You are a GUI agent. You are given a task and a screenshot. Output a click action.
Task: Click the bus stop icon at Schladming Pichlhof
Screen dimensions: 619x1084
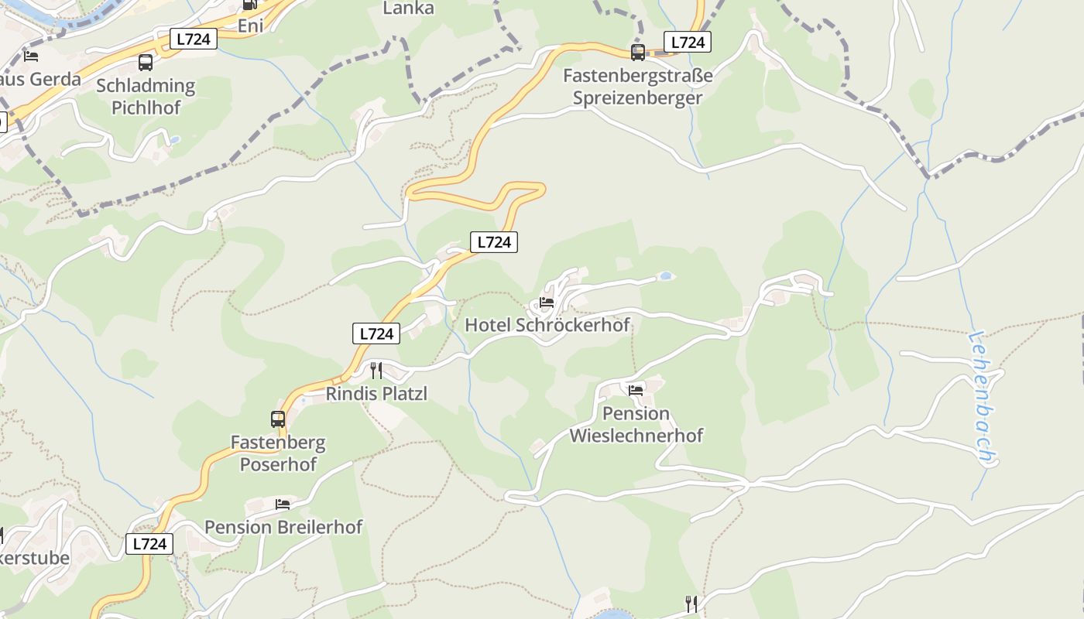146,63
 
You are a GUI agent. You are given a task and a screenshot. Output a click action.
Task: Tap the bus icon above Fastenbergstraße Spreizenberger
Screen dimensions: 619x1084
637,53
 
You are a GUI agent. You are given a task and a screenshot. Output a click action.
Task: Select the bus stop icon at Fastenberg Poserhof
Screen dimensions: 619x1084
277,419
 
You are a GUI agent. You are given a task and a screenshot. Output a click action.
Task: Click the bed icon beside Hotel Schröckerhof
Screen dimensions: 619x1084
547,303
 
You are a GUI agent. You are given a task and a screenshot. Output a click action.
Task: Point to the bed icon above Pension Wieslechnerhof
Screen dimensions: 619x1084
636,390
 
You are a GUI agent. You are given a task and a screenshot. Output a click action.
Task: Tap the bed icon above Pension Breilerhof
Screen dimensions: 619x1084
283,504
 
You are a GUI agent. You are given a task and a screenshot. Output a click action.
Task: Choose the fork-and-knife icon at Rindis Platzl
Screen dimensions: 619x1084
376,371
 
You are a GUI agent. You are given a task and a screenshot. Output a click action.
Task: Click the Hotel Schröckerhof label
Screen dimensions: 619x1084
547,325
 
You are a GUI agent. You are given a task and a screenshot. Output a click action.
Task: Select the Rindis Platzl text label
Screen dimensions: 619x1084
376,394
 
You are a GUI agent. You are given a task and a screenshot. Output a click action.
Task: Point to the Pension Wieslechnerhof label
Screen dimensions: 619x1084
636,425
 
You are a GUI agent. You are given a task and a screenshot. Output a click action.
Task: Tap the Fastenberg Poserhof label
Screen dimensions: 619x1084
278,454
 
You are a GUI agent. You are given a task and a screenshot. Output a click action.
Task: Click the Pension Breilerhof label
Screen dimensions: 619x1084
283,528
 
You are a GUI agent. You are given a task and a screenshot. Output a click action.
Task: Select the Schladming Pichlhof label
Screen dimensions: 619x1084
146,97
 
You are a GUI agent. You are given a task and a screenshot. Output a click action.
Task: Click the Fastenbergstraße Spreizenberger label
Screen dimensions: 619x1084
637,87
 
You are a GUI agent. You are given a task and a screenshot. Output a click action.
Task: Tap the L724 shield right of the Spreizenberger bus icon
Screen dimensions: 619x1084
688,43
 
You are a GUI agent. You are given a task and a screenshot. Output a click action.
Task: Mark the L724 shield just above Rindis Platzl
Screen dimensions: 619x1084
376,333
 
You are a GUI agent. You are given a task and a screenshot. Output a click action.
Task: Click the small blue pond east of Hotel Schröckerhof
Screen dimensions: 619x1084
665,275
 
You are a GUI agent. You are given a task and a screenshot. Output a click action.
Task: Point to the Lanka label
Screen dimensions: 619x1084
408,9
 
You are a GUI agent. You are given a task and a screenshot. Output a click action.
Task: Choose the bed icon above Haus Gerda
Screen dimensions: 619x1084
31,56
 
